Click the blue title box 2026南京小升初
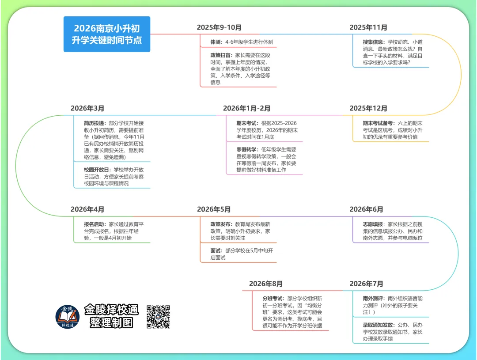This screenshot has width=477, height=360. pos(107,34)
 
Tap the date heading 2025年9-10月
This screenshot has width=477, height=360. pos(220,27)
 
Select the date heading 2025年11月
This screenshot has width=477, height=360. pos(368,27)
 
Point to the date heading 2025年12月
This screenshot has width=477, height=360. pos(368,108)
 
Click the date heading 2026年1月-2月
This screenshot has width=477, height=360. pos(246,108)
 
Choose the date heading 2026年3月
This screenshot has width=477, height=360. pos(87,108)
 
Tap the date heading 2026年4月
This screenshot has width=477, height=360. pos(87,209)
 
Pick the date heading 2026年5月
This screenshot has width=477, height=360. pos(214,209)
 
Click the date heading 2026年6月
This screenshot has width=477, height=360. pos(366,209)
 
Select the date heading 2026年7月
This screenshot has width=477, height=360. pos(366,284)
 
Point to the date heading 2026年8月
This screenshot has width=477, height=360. pos(266,284)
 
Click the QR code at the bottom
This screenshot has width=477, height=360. pos(158,316)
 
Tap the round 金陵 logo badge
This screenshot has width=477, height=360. pos(68,316)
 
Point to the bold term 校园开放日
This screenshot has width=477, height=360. pos(97,170)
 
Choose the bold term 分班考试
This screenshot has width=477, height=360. pos(273,299)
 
